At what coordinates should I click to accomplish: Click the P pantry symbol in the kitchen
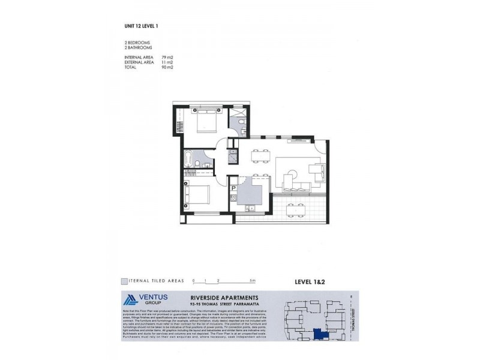click(x=233, y=188)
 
